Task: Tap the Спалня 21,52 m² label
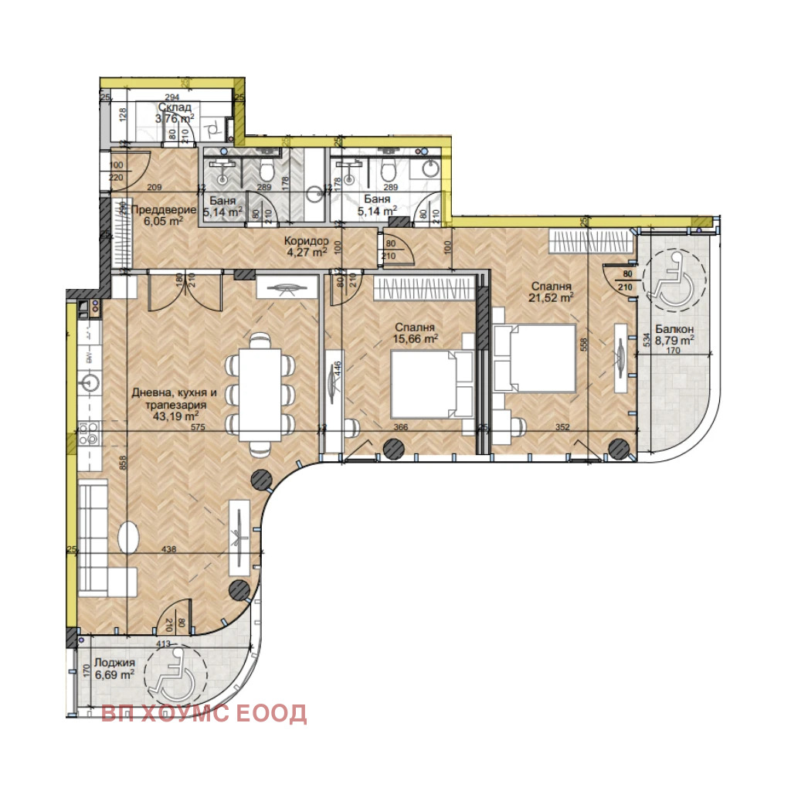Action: (552, 290)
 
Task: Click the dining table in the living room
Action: (260, 394)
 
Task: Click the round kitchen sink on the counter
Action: (90, 382)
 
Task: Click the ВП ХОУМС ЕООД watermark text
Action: (204, 713)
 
